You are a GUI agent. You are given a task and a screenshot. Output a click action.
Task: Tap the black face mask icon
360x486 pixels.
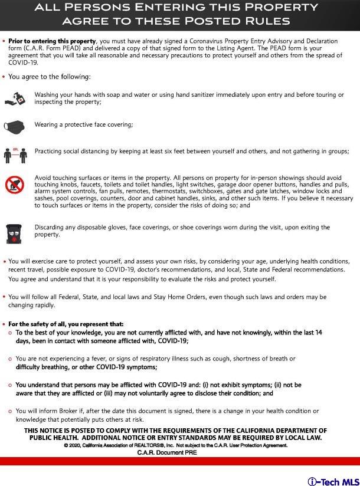tap(15, 125)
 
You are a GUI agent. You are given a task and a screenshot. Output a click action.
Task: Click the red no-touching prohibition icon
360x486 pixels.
tap(14, 185)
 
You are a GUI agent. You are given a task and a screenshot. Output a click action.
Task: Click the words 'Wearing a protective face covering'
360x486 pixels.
tap(83, 124)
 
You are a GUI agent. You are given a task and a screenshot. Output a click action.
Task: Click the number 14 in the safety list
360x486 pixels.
tap(318, 333)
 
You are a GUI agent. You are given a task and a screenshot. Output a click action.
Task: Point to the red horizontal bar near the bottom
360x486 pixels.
tap(180, 461)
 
